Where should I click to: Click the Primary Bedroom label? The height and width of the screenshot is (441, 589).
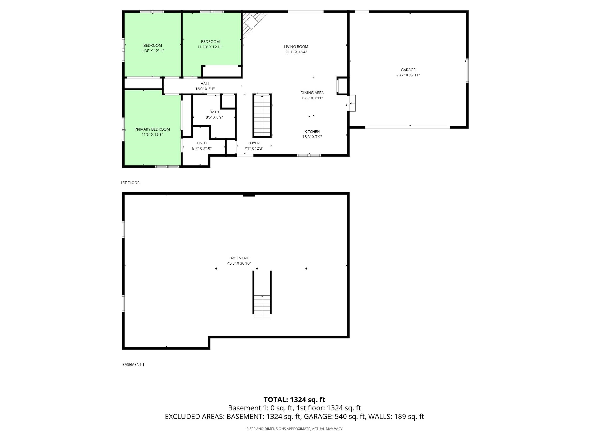152,129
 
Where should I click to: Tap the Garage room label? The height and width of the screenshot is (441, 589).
408,70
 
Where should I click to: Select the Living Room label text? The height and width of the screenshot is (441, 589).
296,47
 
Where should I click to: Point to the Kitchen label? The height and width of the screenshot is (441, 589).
312,131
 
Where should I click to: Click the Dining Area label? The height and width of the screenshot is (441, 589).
312,93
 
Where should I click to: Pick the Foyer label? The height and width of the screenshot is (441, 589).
254,143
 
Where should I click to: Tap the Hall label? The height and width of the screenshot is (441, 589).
205,84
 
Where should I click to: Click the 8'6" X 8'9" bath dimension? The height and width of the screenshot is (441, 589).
214,117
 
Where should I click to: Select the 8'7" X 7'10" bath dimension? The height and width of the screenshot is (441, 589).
202,148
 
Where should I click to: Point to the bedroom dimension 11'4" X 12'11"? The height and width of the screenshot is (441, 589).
153,51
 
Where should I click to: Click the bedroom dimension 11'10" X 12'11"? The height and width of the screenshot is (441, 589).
210,47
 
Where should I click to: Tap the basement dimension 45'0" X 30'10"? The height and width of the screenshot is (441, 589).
239,263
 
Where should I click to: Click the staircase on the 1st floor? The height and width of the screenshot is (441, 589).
262,116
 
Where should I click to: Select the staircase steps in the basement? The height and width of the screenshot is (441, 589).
262,306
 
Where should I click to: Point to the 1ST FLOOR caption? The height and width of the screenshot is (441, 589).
130,183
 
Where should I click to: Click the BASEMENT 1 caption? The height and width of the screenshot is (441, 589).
133,365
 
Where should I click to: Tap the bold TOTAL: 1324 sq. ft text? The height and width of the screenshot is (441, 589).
294,400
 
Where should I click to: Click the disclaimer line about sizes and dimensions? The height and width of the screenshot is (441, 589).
294,429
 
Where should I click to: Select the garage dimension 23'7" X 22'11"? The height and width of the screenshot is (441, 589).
408,75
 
